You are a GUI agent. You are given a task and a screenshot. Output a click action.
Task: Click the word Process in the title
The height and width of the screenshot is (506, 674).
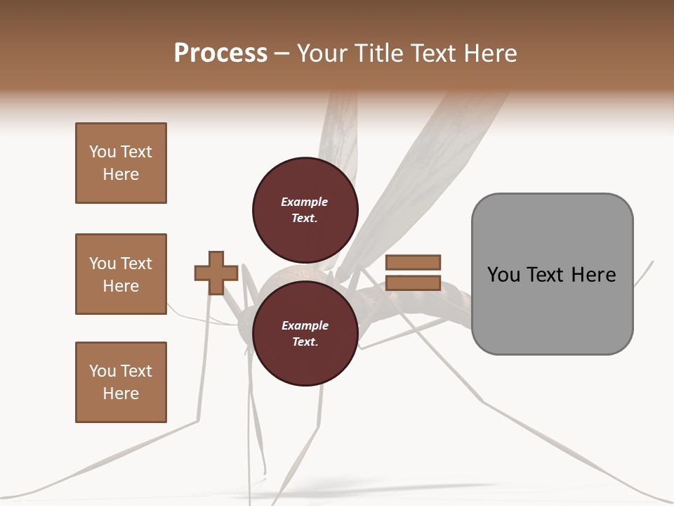pyautogui.click(x=220, y=53)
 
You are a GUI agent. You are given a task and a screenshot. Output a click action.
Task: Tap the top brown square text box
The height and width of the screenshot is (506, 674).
pyautogui.click(x=121, y=163)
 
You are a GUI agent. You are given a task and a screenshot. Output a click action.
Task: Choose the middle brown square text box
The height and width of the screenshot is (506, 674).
pyautogui.click(x=121, y=274)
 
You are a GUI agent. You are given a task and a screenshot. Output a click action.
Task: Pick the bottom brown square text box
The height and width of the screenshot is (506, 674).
pyautogui.click(x=121, y=382)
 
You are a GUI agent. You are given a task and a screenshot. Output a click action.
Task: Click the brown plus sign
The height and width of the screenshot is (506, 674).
pyautogui.click(x=216, y=273)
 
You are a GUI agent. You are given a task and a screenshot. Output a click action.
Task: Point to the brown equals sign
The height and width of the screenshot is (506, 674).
pyautogui.click(x=414, y=273)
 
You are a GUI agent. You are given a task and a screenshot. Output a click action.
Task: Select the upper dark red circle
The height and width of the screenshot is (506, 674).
pyautogui.click(x=305, y=210)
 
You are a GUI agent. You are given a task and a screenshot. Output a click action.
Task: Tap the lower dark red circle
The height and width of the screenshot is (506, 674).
pyautogui.click(x=305, y=334)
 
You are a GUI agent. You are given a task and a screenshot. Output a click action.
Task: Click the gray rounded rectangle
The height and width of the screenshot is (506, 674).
pyautogui.click(x=552, y=274)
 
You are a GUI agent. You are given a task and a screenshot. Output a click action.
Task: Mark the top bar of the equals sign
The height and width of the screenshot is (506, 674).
pyautogui.click(x=414, y=262)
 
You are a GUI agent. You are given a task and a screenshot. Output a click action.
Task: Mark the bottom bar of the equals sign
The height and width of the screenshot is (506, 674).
pyautogui.click(x=414, y=283)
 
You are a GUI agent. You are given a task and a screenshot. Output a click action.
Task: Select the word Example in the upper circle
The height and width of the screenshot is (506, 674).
pyautogui.click(x=305, y=202)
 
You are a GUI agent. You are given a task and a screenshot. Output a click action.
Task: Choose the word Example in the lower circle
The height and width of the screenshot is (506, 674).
pyautogui.click(x=305, y=326)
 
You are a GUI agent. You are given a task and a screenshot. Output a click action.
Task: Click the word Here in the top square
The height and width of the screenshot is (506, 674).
pyautogui.click(x=121, y=174)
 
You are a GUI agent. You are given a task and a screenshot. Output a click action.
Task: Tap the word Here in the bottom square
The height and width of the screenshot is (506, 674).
pyautogui.click(x=121, y=394)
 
